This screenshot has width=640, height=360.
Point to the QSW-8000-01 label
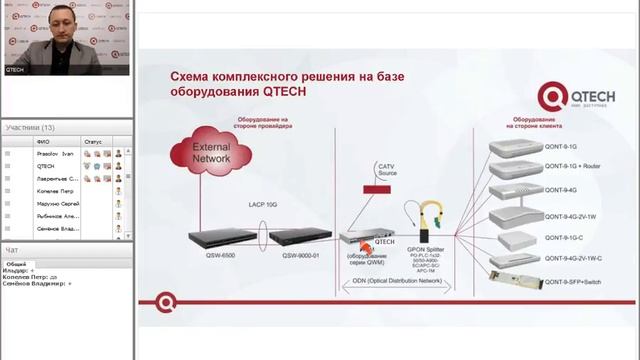coord(300,255)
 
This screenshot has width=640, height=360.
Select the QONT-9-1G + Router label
coord(571,167)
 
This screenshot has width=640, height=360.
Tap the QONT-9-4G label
coord(559,190)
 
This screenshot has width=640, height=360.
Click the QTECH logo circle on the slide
coord(552,97)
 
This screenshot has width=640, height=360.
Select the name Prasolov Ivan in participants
coord(55,153)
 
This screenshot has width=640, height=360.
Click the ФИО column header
coord(42,141)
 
